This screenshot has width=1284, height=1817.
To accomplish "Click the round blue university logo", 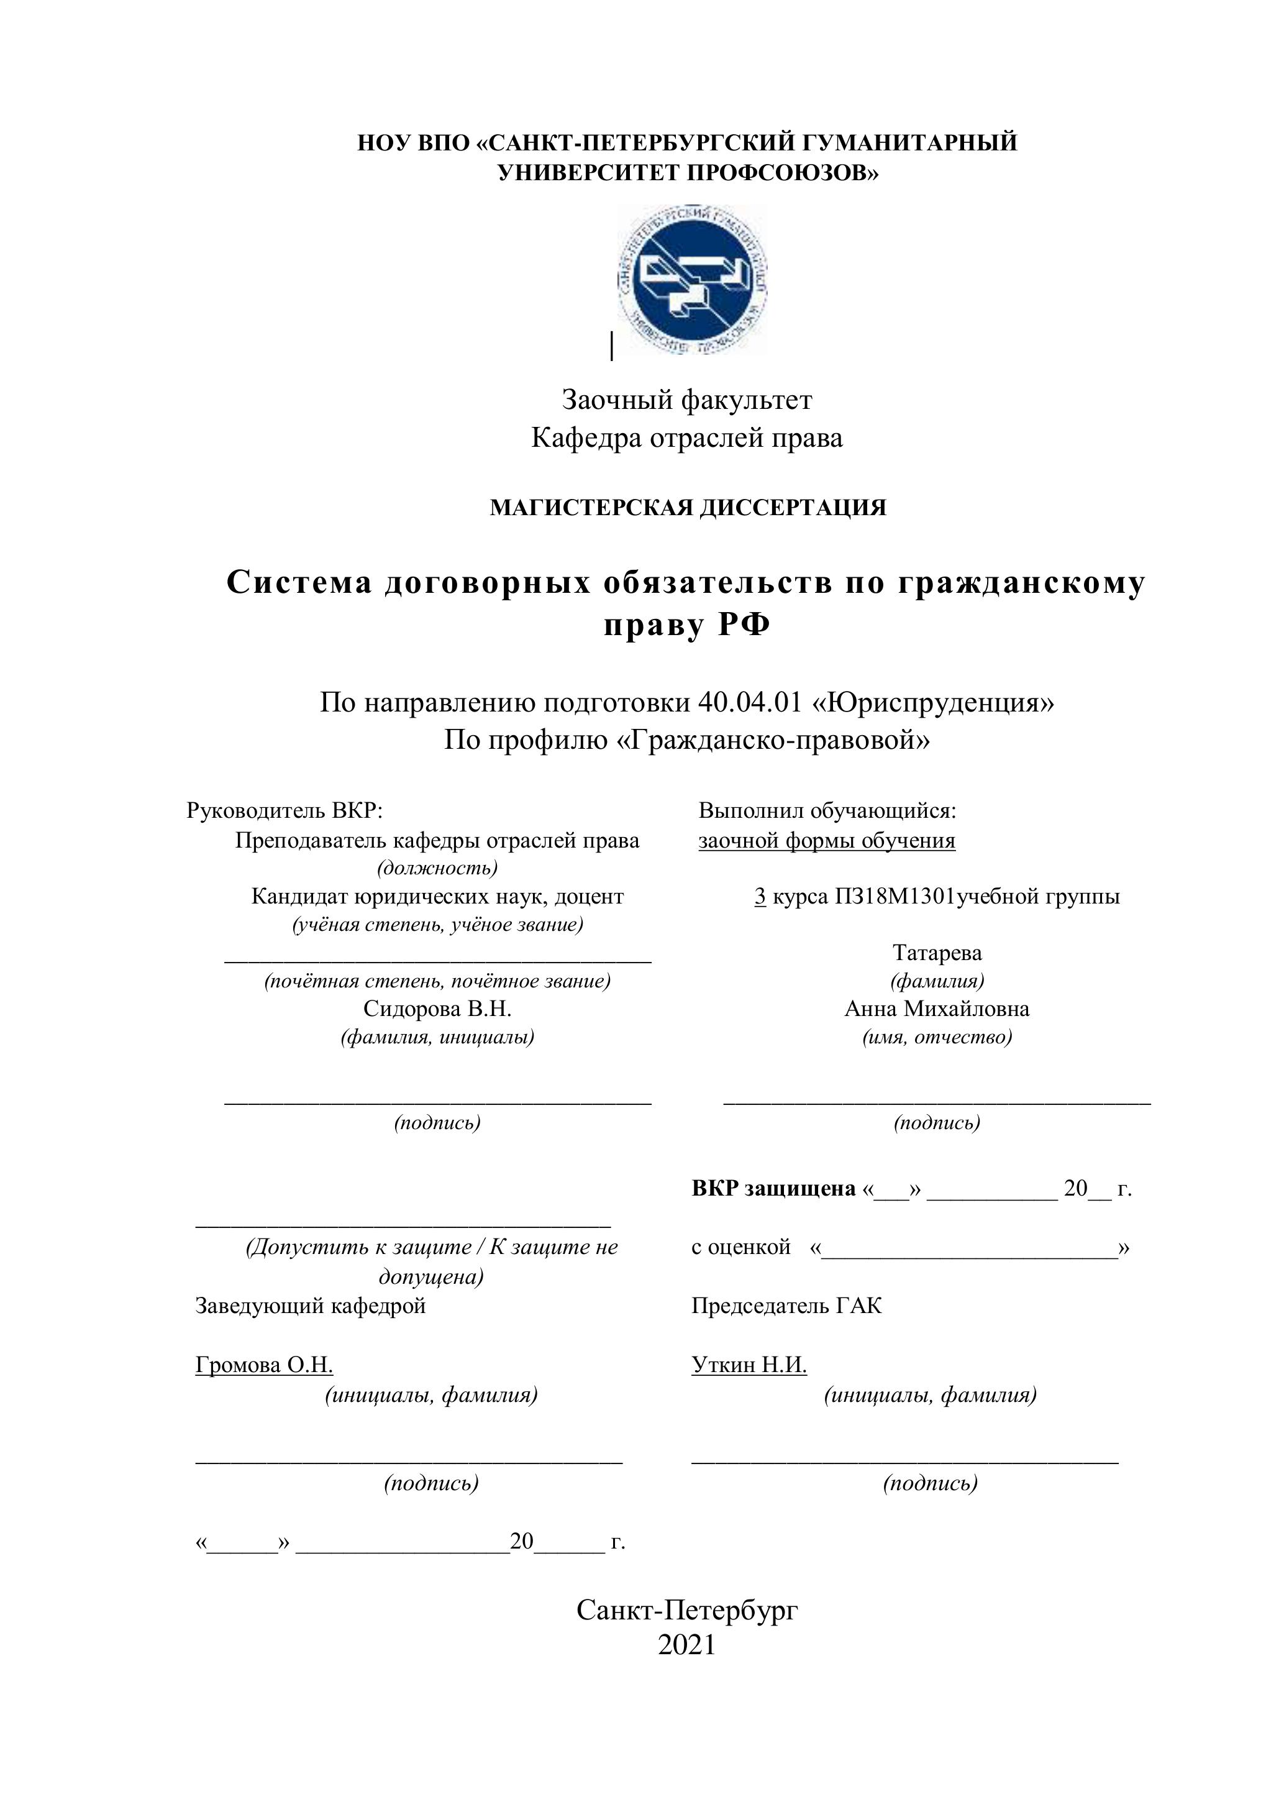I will click(x=691, y=280).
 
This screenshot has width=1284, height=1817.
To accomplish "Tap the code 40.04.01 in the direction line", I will click(x=750, y=702).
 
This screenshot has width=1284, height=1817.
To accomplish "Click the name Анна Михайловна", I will click(x=937, y=1009).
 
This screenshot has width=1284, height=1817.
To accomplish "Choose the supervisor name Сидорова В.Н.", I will click(x=437, y=1009).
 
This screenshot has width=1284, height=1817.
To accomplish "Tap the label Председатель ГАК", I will click(x=786, y=1305).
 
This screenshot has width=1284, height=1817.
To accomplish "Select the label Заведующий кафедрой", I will click(x=310, y=1305).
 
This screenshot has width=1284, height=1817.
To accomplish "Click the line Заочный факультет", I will click(x=686, y=400).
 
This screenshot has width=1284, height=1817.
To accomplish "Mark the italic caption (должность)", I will click(x=437, y=868).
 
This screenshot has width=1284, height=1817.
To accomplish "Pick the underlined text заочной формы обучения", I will click(x=827, y=840).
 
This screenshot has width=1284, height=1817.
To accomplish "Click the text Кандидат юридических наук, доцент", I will click(x=437, y=897).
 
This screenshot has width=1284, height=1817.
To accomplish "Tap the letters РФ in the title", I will click(x=744, y=626).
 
